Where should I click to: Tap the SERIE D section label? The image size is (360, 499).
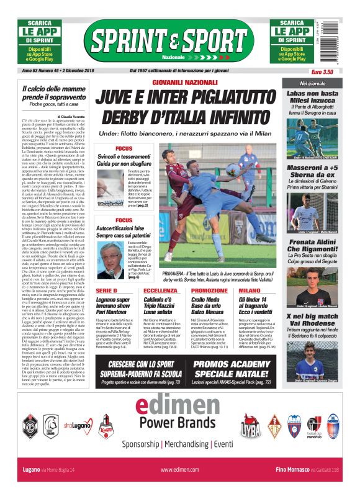coord(106,290)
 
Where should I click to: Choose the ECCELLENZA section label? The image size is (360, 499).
coord(160,290)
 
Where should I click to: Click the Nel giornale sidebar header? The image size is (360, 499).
coord(312,83)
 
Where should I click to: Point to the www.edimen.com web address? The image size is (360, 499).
coord(179,470)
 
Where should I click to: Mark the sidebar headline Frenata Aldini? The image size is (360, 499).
coord(312,245)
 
